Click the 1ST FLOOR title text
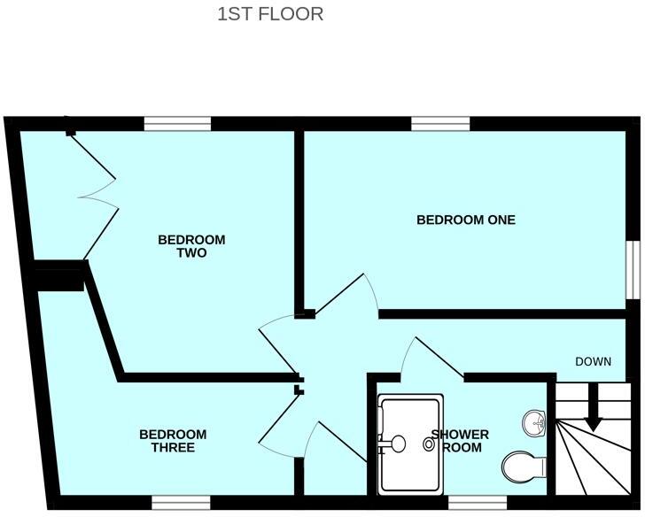click(x=270, y=14)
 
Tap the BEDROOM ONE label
click(x=466, y=220)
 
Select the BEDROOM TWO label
click(x=191, y=246)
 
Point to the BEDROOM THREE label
click(x=173, y=441)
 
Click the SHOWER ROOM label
click(x=461, y=441)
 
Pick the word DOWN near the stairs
click(x=594, y=361)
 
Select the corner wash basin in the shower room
click(x=534, y=422)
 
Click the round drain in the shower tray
click(x=430, y=445)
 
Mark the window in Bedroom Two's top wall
click(x=177, y=124)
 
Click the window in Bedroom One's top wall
click(x=440, y=124)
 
